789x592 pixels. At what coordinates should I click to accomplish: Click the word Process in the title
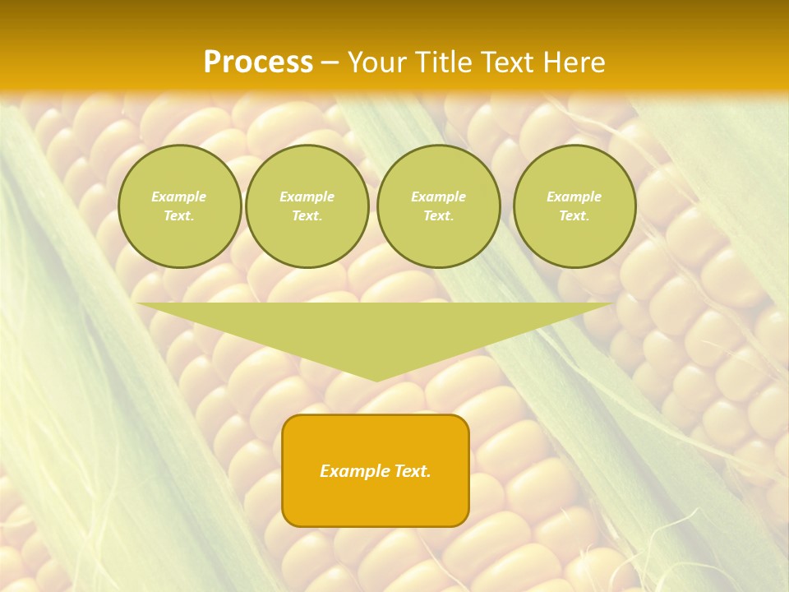pos(258,62)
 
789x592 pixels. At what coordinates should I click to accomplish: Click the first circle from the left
pos(180,206)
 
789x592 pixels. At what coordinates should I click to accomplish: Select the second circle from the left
pos(307,206)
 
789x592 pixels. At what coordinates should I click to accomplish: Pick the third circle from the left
pos(439,206)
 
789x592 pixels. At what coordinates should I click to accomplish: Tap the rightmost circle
pos(574,206)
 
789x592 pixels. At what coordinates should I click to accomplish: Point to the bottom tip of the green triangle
pos(376,381)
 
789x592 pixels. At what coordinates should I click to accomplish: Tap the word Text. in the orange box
pos(412,471)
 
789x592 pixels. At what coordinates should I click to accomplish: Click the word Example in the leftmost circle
pos(179,197)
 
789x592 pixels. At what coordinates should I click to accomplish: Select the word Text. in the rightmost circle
pos(574,216)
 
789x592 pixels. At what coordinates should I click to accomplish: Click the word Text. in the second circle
pos(307,216)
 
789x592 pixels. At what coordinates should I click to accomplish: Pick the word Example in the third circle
pos(439,197)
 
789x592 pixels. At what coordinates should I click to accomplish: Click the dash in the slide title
pos(330,62)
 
